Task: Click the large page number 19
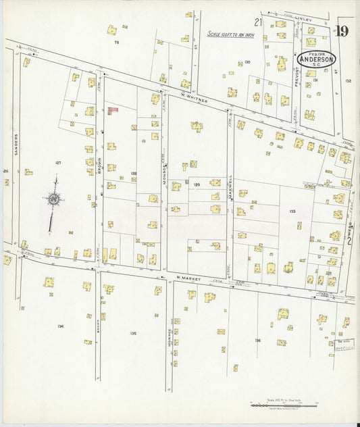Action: (342, 31)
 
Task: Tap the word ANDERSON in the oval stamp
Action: (316, 59)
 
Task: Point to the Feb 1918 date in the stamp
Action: (315, 52)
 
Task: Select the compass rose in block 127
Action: (53, 199)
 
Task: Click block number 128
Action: (134, 173)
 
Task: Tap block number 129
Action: (197, 184)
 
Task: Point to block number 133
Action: (292, 211)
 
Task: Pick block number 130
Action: (247, 61)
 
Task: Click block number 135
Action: (133, 333)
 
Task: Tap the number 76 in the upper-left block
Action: (116, 43)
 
